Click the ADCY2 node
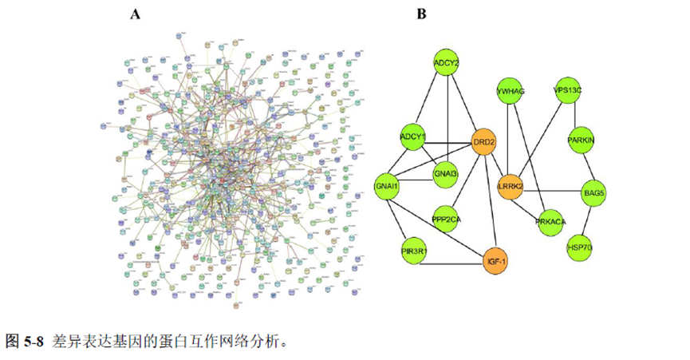[x=446, y=61]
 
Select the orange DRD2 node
[x=484, y=143]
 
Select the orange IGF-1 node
[x=497, y=259]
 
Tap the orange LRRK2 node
[x=510, y=186]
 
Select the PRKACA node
[x=550, y=221]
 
